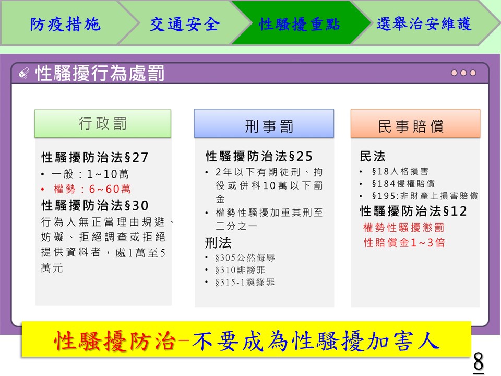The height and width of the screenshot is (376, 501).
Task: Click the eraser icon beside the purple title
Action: pyautogui.click(x=25, y=73)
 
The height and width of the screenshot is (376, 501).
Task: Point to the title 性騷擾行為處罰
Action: pyautogui.click(x=100, y=73)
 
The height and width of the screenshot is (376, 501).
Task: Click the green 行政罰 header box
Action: pyautogui.click(x=103, y=124)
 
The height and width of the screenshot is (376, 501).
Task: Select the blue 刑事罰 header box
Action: pyautogui.click(x=264, y=124)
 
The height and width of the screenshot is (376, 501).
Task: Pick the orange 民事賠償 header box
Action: pyautogui.click(x=415, y=124)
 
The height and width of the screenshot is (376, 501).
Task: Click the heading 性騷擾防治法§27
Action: pyautogui.click(x=95, y=157)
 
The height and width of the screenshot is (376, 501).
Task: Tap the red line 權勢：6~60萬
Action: pyautogui.click(x=92, y=189)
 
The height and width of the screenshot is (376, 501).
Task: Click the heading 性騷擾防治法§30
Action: pyautogui.click(x=95, y=206)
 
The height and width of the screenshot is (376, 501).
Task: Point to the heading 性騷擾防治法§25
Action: pyautogui.click(x=259, y=156)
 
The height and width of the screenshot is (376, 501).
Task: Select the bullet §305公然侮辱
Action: pyautogui.click(x=245, y=257)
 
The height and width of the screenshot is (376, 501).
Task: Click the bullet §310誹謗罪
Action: pyautogui.click(x=240, y=270)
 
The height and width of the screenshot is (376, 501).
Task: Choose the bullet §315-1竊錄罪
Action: pyautogui.click(x=245, y=283)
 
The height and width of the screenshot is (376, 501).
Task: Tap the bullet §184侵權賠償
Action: pyautogui.click(x=403, y=183)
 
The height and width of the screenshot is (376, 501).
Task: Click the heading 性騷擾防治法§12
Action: pyautogui.click(x=413, y=211)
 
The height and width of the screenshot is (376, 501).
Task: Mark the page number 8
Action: pyautogui.click(x=479, y=361)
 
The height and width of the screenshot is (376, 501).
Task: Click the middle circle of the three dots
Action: pyautogui.click(x=463, y=73)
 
